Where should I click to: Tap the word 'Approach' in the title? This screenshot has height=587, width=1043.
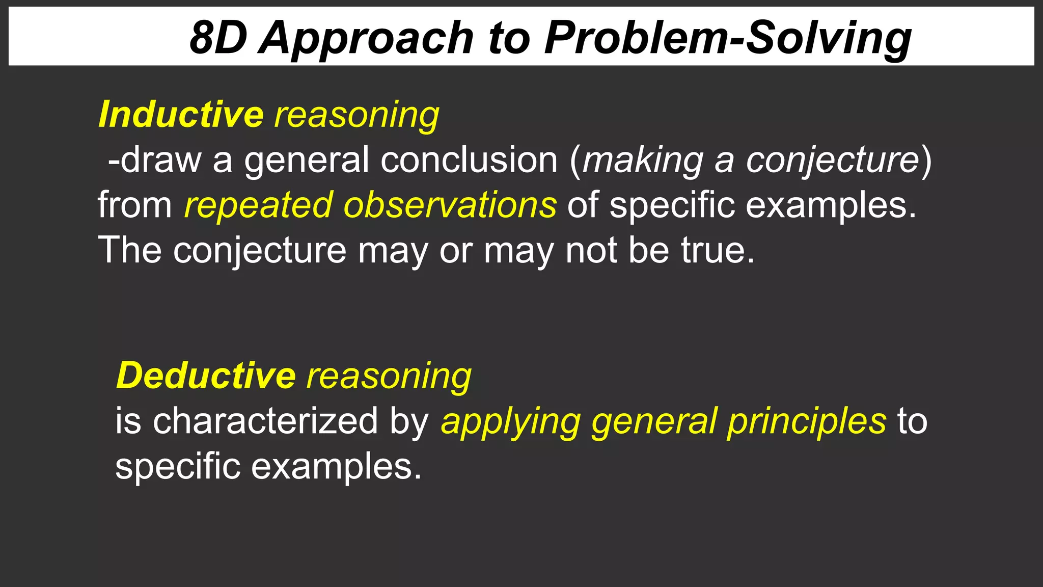coord(366,39)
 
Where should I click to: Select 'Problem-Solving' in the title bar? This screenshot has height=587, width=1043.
coord(728,39)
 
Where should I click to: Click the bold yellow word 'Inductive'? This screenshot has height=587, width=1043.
coord(181,114)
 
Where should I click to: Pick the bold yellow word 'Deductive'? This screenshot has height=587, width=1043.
coord(206,376)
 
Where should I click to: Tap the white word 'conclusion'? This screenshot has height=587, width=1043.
coord(469,160)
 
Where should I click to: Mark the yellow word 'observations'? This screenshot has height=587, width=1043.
coord(450,205)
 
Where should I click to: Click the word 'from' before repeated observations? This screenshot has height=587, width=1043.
coord(135,205)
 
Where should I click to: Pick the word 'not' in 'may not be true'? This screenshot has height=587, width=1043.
coord(591,250)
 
